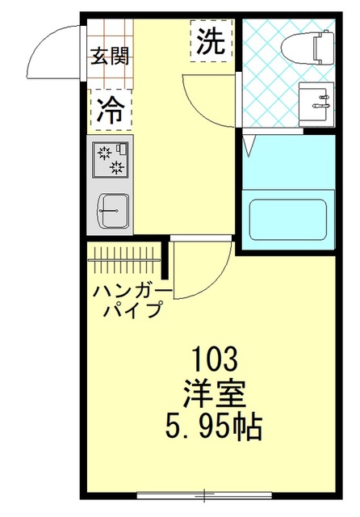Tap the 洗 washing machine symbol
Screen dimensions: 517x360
pyautogui.click(x=211, y=40)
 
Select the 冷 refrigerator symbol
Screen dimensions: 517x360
pyautogui.click(x=111, y=110)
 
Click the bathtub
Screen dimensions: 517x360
pyautogui.click(x=287, y=218)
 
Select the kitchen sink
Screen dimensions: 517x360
pyautogui.click(x=111, y=212)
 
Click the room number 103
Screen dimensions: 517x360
pyautogui.click(x=214, y=356)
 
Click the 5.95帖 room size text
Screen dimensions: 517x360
pyautogui.click(x=215, y=426)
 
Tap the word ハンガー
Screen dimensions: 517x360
pyautogui.click(x=131, y=292)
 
